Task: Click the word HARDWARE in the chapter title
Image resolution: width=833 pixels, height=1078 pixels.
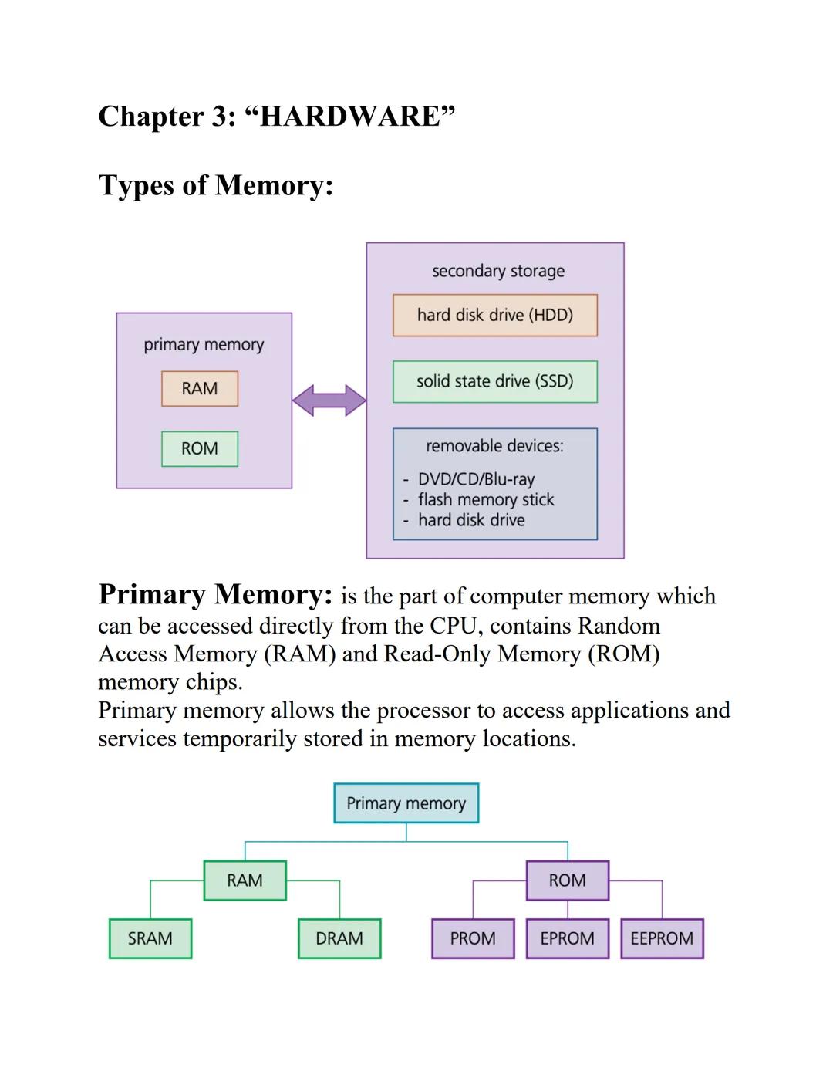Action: click(349, 117)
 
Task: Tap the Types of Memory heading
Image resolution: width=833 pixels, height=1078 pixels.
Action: click(216, 185)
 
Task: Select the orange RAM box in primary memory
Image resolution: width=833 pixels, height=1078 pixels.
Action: click(200, 389)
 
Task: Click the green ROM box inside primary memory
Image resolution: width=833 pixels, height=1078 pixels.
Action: click(200, 449)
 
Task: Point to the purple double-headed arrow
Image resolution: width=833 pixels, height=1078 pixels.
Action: click(329, 400)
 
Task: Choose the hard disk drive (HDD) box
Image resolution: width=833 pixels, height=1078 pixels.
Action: click(495, 315)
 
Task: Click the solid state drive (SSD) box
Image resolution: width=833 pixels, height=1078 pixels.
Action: click(495, 381)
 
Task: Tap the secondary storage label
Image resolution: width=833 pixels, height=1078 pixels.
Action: click(498, 271)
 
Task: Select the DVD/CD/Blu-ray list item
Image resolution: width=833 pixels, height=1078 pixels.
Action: click(476, 479)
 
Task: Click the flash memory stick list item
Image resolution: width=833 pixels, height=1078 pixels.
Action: click(486, 500)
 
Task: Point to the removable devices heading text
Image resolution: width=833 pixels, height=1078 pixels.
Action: click(494, 446)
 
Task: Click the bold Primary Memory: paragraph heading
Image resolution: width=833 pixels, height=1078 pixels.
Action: click(216, 595)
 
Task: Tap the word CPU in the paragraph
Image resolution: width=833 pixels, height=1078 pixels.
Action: click(455, 626)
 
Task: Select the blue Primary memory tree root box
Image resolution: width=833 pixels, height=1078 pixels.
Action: click(406, 803)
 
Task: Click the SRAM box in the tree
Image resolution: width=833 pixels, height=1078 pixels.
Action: click(150, 938)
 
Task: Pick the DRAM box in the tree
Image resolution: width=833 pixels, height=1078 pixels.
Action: click(339, 938)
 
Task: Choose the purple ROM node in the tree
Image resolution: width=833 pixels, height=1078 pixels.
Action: click(568, 880)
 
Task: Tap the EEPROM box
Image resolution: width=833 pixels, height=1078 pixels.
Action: click(662, 938)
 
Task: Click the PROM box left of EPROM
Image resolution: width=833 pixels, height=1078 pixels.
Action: click(473, 938)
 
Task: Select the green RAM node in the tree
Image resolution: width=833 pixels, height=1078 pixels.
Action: click(245, 880)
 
